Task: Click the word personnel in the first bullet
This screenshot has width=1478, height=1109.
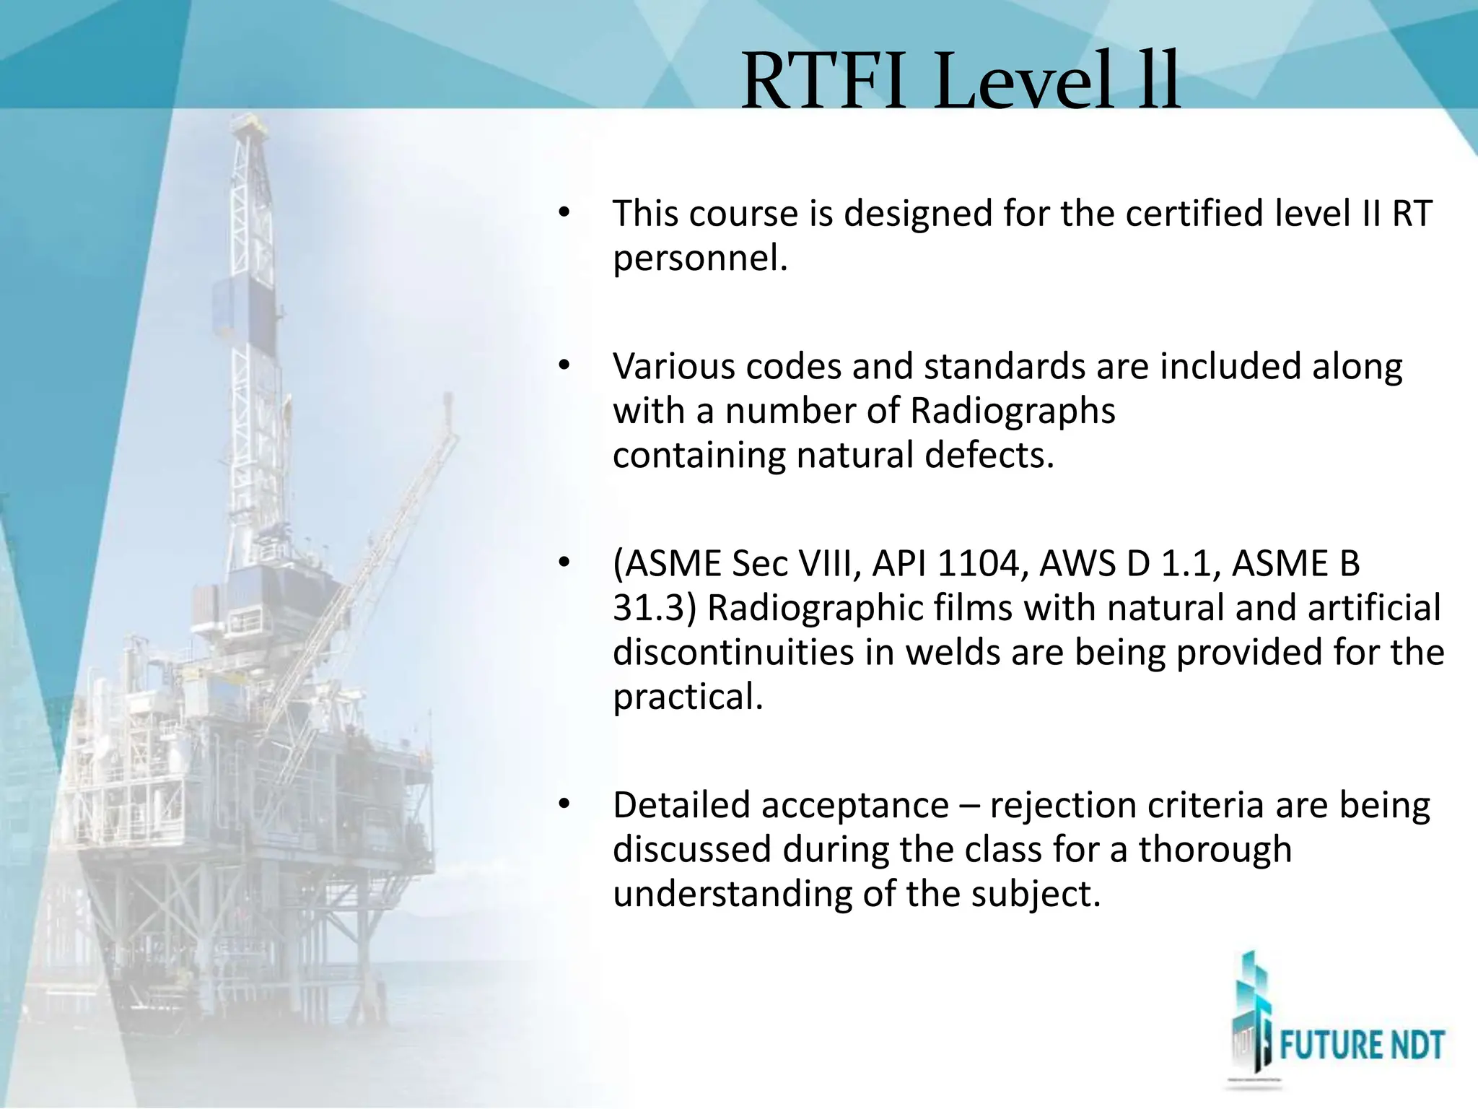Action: (699, 259)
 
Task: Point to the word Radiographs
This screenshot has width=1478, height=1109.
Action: (1013, 412)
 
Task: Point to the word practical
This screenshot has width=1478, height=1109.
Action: (687, 698)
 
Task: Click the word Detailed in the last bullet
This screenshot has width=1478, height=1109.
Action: (681, 806)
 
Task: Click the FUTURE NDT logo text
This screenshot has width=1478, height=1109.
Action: (1362, 1046)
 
